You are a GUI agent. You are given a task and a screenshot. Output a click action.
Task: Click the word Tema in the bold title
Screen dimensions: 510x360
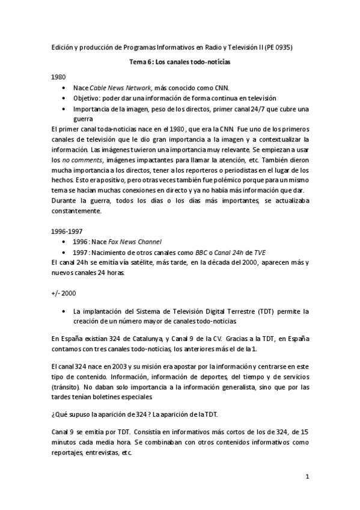pyautogui.click(x=139, y=61)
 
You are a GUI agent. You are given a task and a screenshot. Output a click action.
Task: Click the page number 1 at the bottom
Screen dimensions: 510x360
pyautogui.click(x=307, y=478)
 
